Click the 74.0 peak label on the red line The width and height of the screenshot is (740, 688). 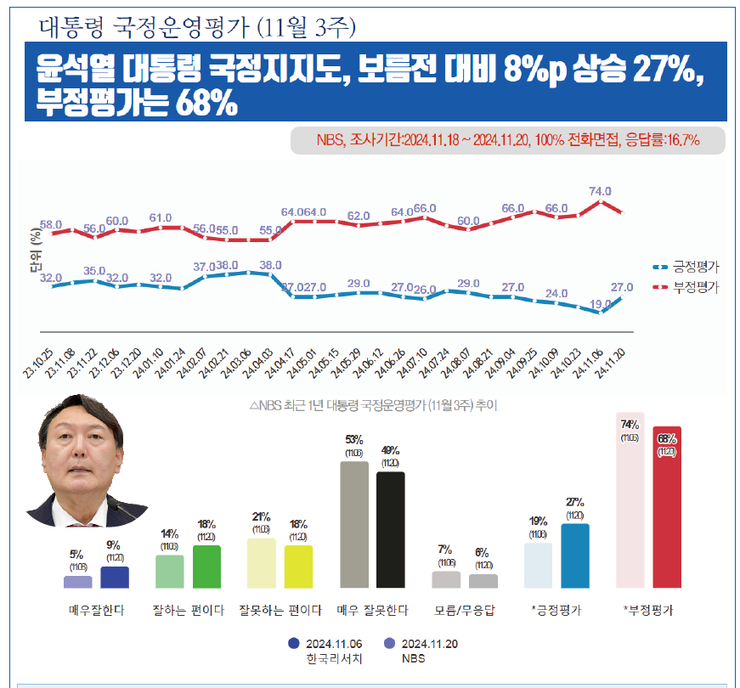pos(600,192)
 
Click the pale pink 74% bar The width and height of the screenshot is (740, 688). pos(630,500)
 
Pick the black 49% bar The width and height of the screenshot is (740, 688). pos(391,530)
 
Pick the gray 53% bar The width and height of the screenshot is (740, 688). pos(354,525)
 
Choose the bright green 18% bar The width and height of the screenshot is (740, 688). pos(206,567)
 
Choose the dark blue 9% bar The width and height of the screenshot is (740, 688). pos(115,578)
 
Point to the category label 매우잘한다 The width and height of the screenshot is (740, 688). pos(96,611)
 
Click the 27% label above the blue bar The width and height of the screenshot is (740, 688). pos(575,502)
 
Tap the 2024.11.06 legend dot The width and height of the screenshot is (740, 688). pos(294,644)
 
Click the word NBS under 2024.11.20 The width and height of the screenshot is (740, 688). pos(414,658)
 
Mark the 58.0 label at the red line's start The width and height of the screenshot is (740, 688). pos(51,225)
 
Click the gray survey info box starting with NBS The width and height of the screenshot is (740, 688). pos(507,140)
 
